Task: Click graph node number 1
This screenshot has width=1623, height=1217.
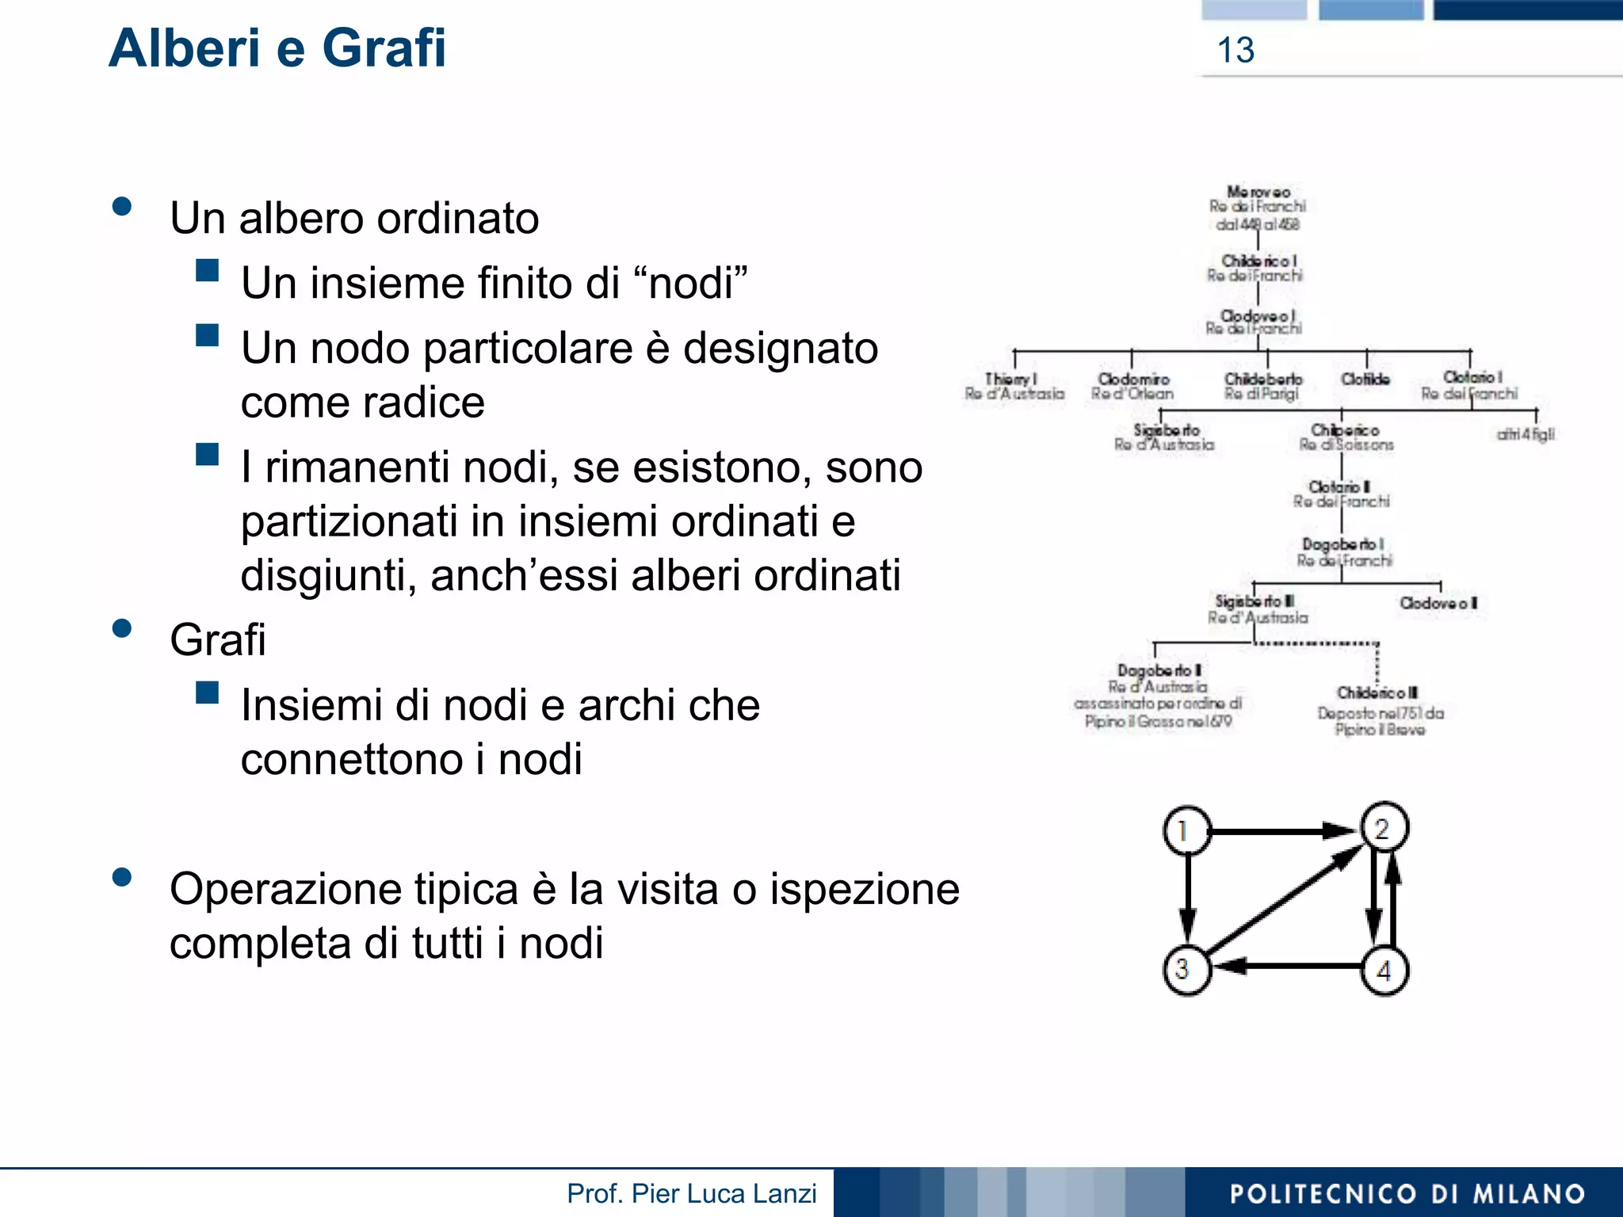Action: tap(1186, 831)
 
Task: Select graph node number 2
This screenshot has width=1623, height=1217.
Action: tap(1384, 828)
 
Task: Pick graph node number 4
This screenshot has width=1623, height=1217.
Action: tap(1384, 971)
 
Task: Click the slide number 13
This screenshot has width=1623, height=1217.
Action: tap(1235, 51)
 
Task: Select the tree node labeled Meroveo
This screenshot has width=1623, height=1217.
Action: tap(1258, 193)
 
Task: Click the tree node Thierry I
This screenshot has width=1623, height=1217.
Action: tap(1011, 380)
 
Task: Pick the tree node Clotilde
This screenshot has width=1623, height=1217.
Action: tap(1365, 380)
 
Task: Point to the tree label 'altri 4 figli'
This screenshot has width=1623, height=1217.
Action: tap(1526, 434)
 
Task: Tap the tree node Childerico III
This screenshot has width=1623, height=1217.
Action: tap(1377, 692)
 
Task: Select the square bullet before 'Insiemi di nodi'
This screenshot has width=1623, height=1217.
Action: tap(208, 693)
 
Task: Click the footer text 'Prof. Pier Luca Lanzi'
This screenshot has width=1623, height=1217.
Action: tap(691, 1193)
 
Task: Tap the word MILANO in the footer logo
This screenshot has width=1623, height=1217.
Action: tap(1529, 1194)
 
